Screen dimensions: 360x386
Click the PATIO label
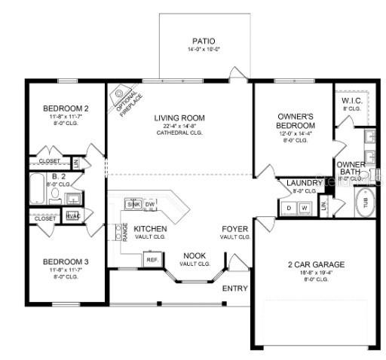click(x=203, y=41)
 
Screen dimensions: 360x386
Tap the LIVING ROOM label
click(x=180, y=117)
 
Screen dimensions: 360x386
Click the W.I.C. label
click(x=351, y=100)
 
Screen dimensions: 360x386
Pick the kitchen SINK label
click(x=133, y=204)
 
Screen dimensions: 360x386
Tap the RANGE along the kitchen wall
click(x=124, y=233)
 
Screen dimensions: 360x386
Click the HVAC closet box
click(x=73, y=215)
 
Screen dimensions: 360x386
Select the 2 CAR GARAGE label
click(x=316, y=264)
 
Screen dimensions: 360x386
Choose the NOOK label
click(x=192, y=255)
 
